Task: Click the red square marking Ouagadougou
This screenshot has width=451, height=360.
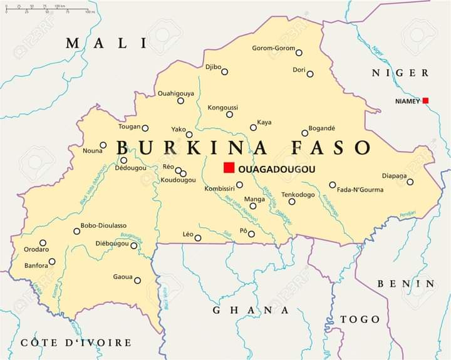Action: [x=229, y=167]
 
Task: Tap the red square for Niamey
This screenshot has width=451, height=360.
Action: [x=425, y=100]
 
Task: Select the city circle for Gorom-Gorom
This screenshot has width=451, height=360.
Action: [x=299, y=53]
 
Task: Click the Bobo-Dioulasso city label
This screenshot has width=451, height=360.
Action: [x=103, y=225]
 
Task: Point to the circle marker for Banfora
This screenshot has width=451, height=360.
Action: [x=52, y=262]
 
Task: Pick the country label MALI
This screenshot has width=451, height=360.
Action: [x=106, y=43]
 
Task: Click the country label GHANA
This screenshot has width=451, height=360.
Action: [x=251, y=310]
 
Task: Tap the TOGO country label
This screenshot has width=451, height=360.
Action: [x=360, y=319]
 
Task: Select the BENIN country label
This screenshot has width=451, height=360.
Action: [x=406, y=284]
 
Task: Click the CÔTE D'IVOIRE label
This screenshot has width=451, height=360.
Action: [x=76, y=342]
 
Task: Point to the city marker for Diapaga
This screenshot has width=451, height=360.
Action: [x=410, y=182]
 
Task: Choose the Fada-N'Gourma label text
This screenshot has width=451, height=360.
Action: [x=360, y=190]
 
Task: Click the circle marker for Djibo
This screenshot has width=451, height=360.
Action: [x=224, y=71]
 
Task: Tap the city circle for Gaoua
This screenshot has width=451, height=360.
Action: [x=137, y=280]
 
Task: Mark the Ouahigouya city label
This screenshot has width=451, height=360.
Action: [x=175, y=93]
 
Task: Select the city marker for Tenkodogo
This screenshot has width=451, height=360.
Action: [x=292, y=202]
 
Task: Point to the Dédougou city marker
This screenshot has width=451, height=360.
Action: [x=123, y=160]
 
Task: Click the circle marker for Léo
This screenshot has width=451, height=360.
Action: [x=198, y=238]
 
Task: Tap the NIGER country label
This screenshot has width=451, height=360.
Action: [x=400, y=73]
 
